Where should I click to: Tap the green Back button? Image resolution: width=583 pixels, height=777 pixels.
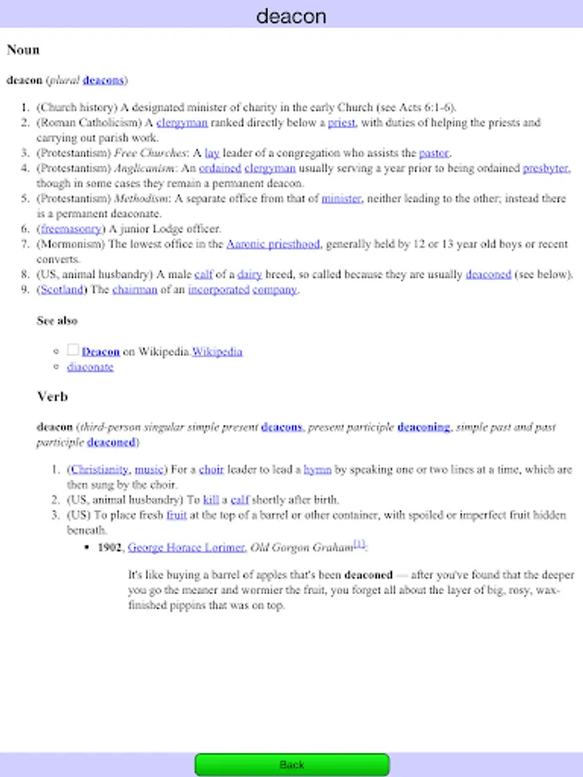coord(292,764)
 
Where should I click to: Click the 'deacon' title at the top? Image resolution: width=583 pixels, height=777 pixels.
coord(291,16)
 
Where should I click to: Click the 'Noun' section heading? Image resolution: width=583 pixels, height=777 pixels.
coord(23,50)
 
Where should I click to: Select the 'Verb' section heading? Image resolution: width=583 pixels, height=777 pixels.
coord(52,397)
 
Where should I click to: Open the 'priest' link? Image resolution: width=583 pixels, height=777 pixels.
coord(341,123)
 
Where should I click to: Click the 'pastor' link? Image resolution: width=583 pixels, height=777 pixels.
coord(434,153)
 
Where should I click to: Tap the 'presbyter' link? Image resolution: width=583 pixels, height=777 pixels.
coord(545,168)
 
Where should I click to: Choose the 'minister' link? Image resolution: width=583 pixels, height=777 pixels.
coord(341,199)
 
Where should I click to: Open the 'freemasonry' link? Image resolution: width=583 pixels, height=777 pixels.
coord(71,229)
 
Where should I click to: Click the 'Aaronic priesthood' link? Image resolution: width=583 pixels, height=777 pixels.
coord(273,244)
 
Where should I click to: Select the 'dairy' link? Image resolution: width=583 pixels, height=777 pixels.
coord(250,275)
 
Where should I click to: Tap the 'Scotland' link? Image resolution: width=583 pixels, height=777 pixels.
coord(61,290)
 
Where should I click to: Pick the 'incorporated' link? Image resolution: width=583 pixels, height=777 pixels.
coord(218,290)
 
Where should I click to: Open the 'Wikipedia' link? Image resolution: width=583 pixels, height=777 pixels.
coord(217,351)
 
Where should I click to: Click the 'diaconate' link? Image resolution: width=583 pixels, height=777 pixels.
coord(90,367)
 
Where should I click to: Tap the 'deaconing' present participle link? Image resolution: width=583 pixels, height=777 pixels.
coord(424,426)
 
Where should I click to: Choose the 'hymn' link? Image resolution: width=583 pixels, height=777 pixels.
coord(317,470)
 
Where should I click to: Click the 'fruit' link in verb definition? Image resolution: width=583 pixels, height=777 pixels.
coord(177,515)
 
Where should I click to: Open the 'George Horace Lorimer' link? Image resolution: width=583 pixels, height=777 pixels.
coord(186,546)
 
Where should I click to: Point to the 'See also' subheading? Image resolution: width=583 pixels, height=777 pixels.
coord(57,320)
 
